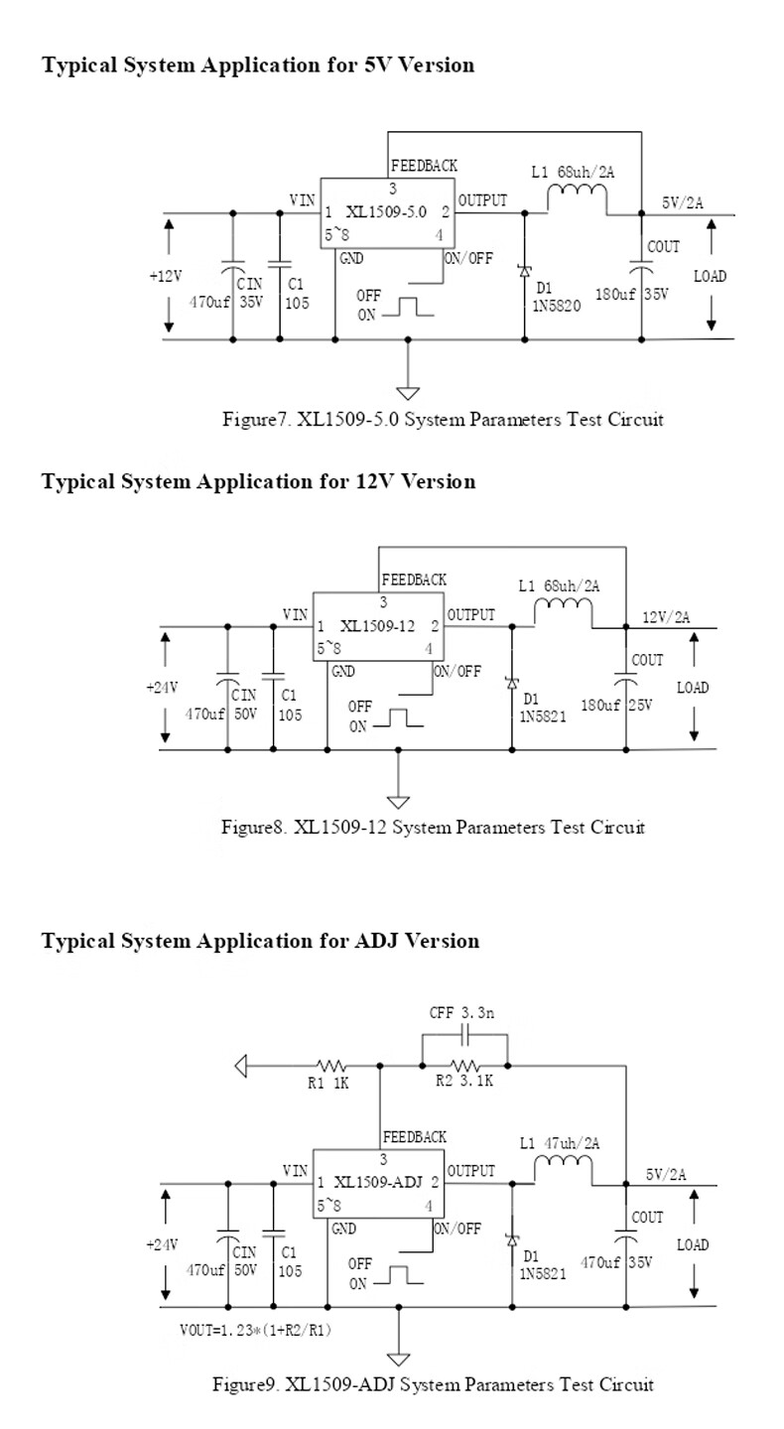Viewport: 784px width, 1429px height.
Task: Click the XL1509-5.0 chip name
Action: pos(386,211)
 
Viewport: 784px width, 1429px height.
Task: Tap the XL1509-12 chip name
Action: pos(377,626)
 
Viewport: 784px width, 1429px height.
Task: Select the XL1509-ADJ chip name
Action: pos(378,1182)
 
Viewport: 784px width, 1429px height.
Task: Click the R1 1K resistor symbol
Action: pos(331,1066)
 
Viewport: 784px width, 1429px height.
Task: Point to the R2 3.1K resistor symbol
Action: pos(465,1066)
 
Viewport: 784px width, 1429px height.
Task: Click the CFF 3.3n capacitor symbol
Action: pos(465,1035)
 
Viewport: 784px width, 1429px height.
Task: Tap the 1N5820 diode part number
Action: pos(557,307)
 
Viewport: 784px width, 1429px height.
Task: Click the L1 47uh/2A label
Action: pos(560,1143)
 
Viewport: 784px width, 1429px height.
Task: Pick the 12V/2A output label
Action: pos(666,617)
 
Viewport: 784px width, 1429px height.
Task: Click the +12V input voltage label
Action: pos(166,276)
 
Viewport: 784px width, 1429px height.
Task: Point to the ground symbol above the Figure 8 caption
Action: pos(399,801)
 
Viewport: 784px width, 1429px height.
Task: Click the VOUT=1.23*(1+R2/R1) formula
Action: pos(255,1330)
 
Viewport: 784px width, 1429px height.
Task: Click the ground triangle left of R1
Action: pos(240,1066)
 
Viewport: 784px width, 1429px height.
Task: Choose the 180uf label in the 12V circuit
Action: pos(600,706)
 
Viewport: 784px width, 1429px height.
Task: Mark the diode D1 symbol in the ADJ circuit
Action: pos(512,1239)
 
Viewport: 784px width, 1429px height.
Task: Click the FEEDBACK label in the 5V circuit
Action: pos(424,166)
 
